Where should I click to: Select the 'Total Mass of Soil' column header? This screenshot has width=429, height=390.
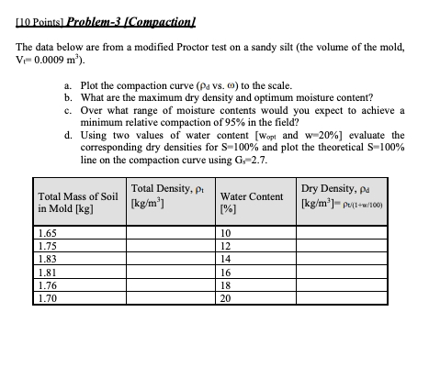[x=77, y=201]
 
